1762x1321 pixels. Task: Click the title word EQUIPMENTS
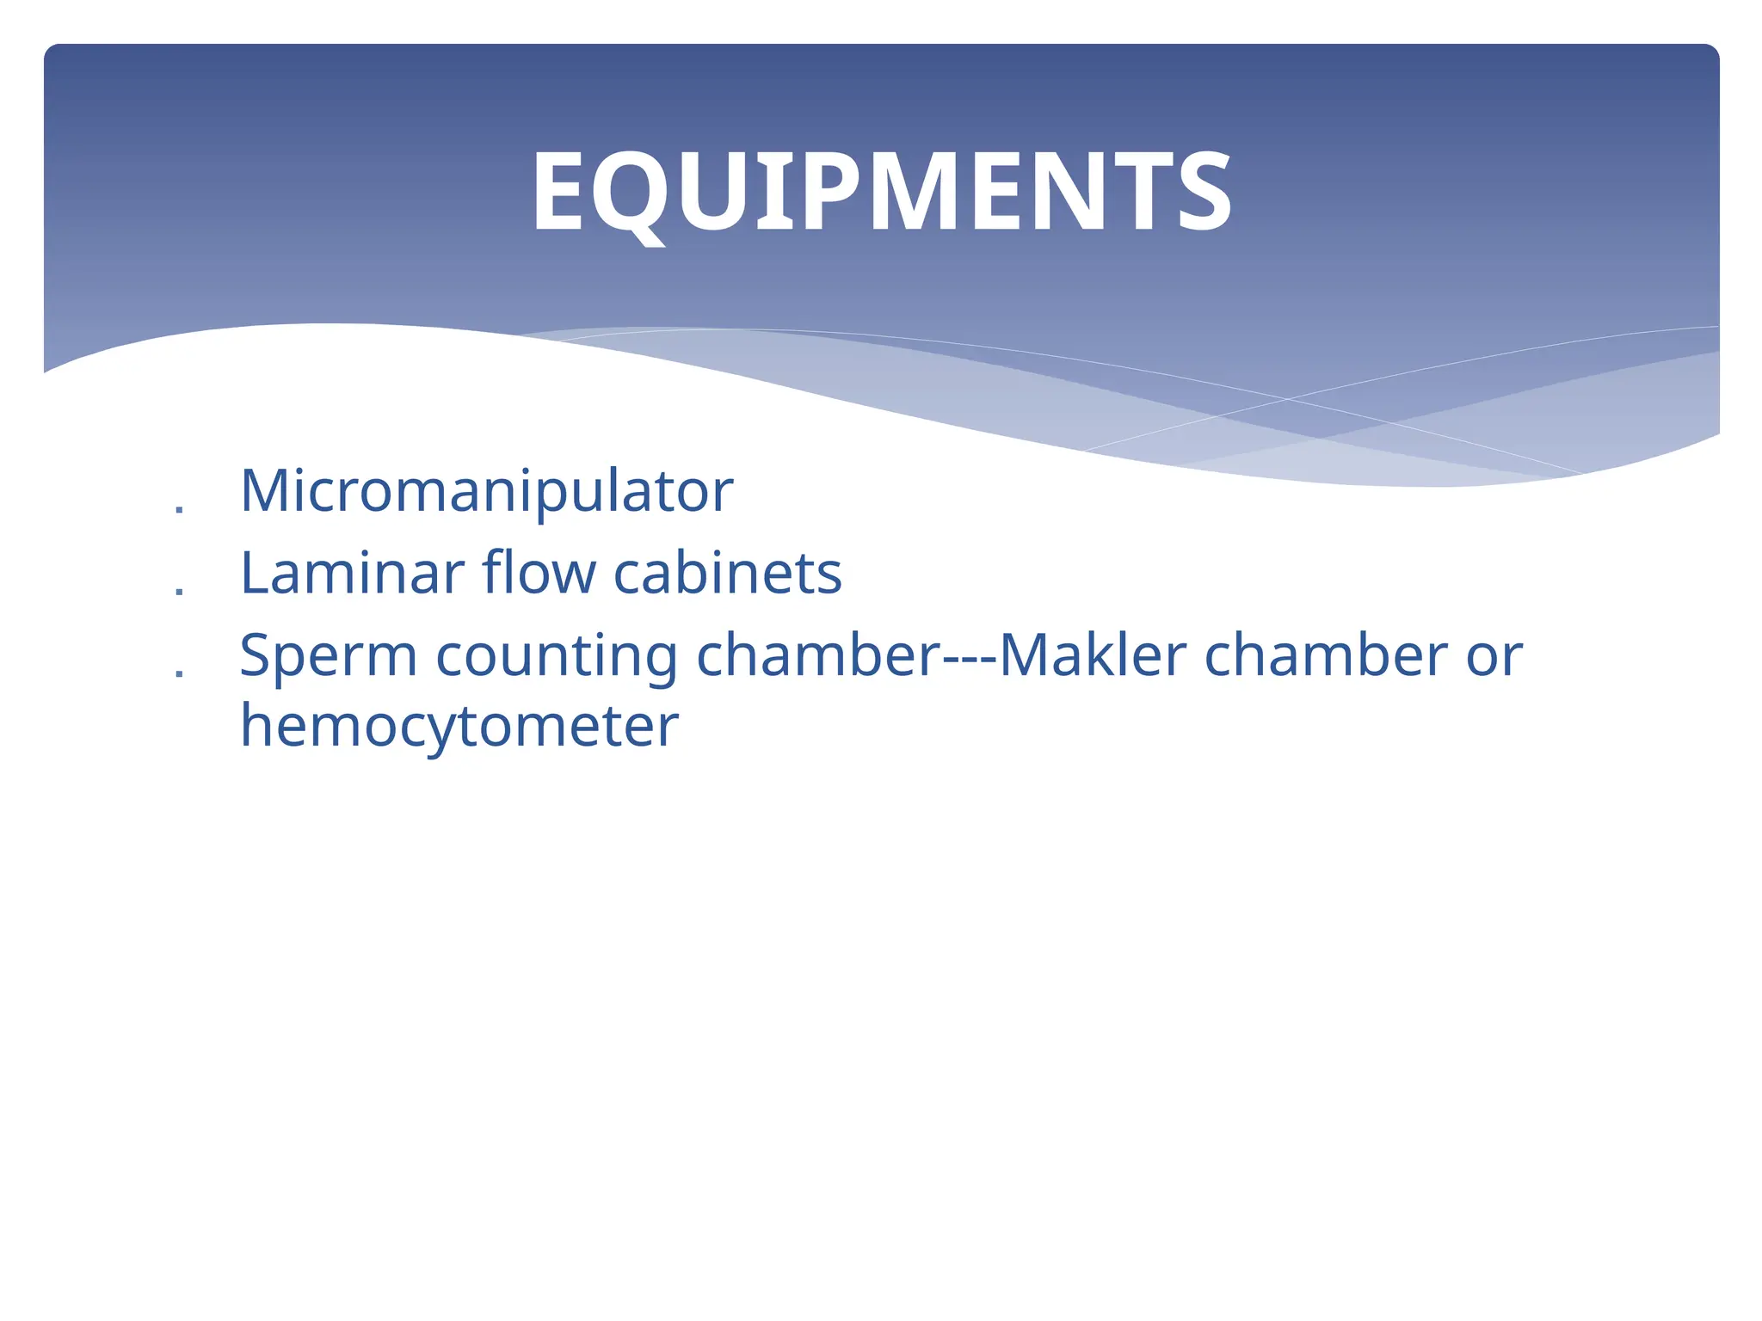[x=881, y=191]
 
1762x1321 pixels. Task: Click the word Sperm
[x=329, y=655]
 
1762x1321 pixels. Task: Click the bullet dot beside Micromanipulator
[x=179, y=510]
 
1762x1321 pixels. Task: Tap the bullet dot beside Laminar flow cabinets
[x=179, y=592]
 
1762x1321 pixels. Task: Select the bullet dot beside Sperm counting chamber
[x=179, y=674]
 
